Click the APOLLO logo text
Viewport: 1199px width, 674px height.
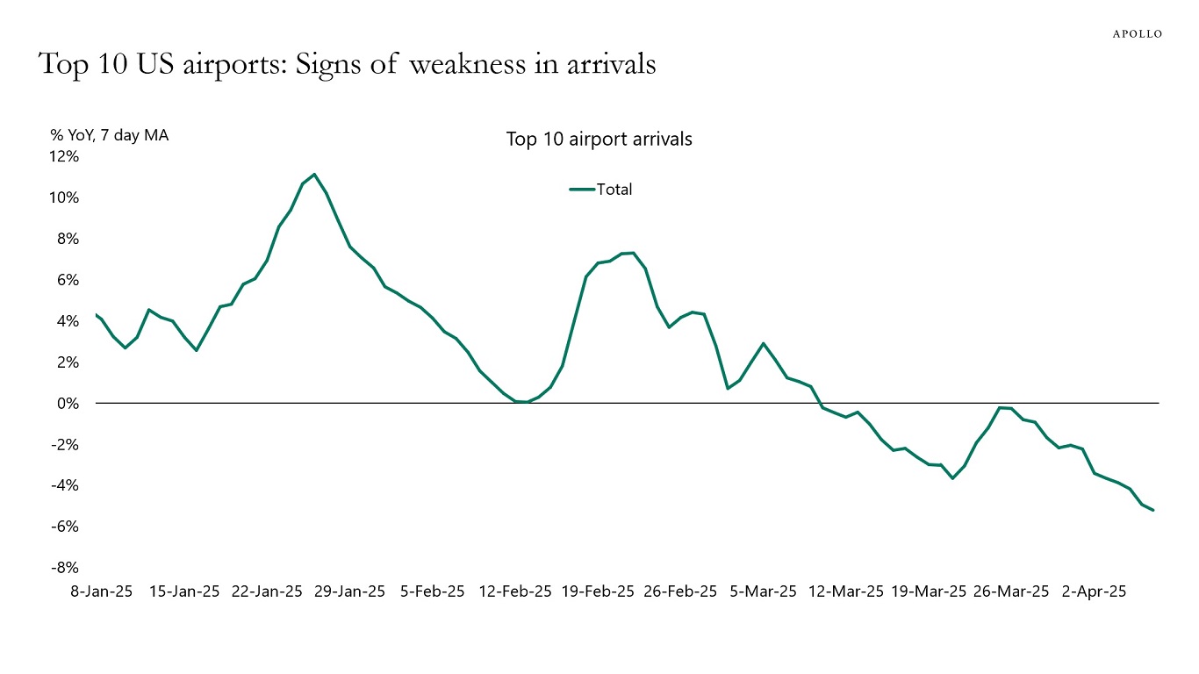click(1137, 34)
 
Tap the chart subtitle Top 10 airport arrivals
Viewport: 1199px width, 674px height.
click(599, 140)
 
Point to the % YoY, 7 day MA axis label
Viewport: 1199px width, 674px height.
click(110, 135)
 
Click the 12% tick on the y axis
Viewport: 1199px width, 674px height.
click(64, 156)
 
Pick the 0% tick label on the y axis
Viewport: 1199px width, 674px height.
click(68, 404)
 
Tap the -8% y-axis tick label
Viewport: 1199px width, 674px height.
click(64, 568)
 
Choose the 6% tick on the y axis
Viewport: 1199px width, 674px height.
click(68, 280)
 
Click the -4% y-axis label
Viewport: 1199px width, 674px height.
click(64, 485)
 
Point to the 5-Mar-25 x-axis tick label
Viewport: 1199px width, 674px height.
click(764, 592)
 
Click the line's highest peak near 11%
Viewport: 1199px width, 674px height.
click(314, 174)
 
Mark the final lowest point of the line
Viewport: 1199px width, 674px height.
click(1152, 510)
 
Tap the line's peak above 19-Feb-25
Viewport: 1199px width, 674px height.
click(632, 253)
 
